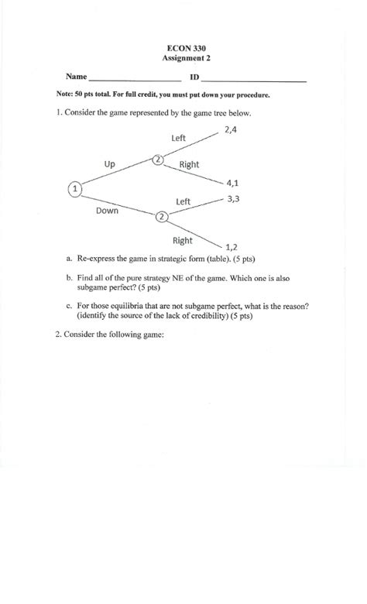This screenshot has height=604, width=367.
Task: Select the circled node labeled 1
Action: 75,187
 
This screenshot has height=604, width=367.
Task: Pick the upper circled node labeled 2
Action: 158,160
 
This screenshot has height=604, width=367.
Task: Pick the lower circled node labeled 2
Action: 162,217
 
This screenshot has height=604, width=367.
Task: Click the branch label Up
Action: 110,163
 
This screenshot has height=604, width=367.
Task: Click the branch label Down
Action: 107,210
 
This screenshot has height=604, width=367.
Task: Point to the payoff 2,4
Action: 232,130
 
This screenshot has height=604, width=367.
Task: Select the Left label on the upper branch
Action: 179,138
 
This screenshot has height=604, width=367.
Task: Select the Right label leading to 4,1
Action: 189,164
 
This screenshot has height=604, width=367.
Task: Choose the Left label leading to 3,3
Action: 183,201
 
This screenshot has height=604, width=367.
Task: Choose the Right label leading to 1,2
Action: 183,240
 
